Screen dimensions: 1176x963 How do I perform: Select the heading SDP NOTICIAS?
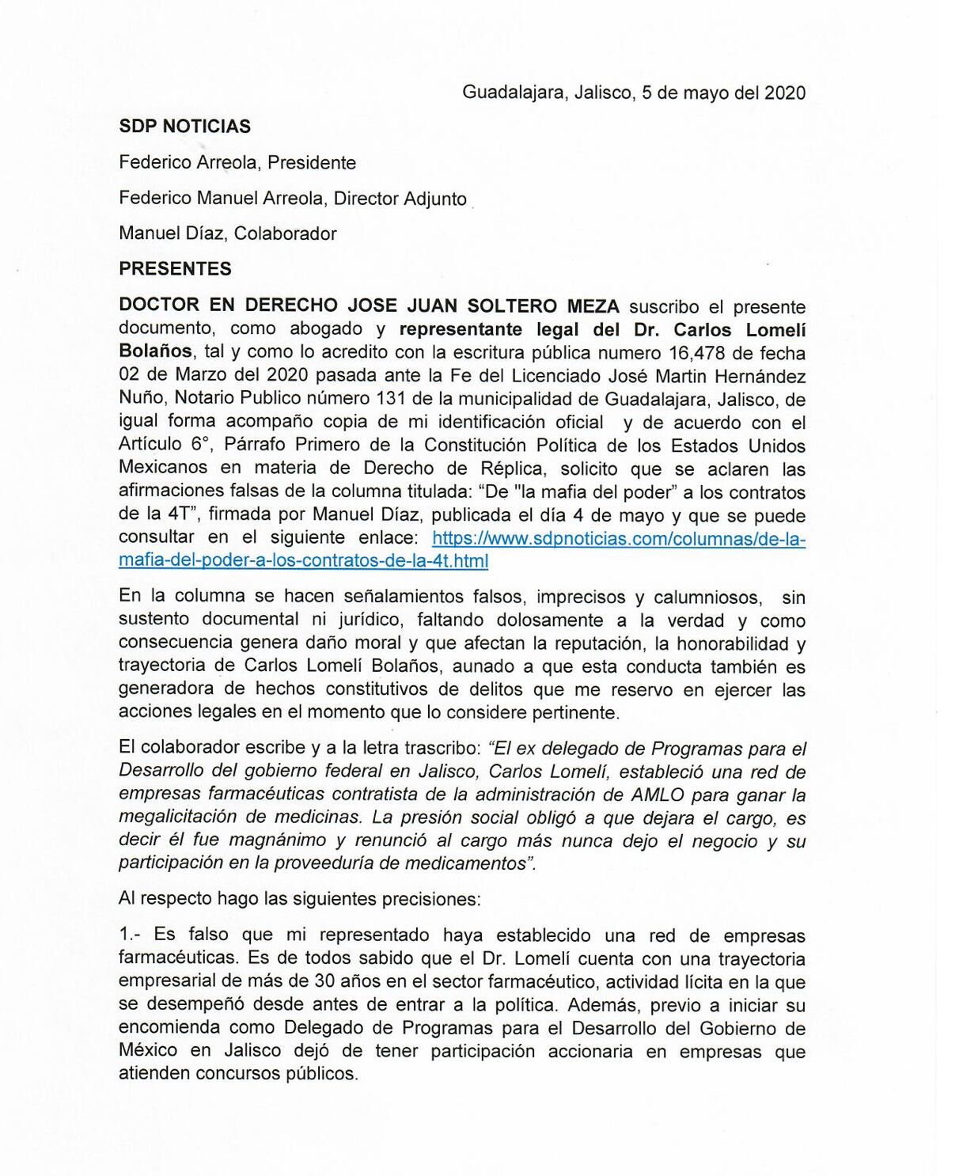pyautogui.click(x=184, y=127)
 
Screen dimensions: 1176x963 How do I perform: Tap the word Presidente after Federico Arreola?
pyautogui.click(x=312, y=163)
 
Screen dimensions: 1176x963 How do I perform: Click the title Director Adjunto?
pyautogui.click(x=400, y=199)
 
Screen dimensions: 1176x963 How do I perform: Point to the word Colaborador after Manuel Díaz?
pyautogui.click(x=286, y=234)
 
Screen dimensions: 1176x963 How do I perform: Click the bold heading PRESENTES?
pyautogui.click(x=175, y=269)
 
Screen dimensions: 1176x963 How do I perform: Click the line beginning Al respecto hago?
pyautogui.click(x=299, y=899)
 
